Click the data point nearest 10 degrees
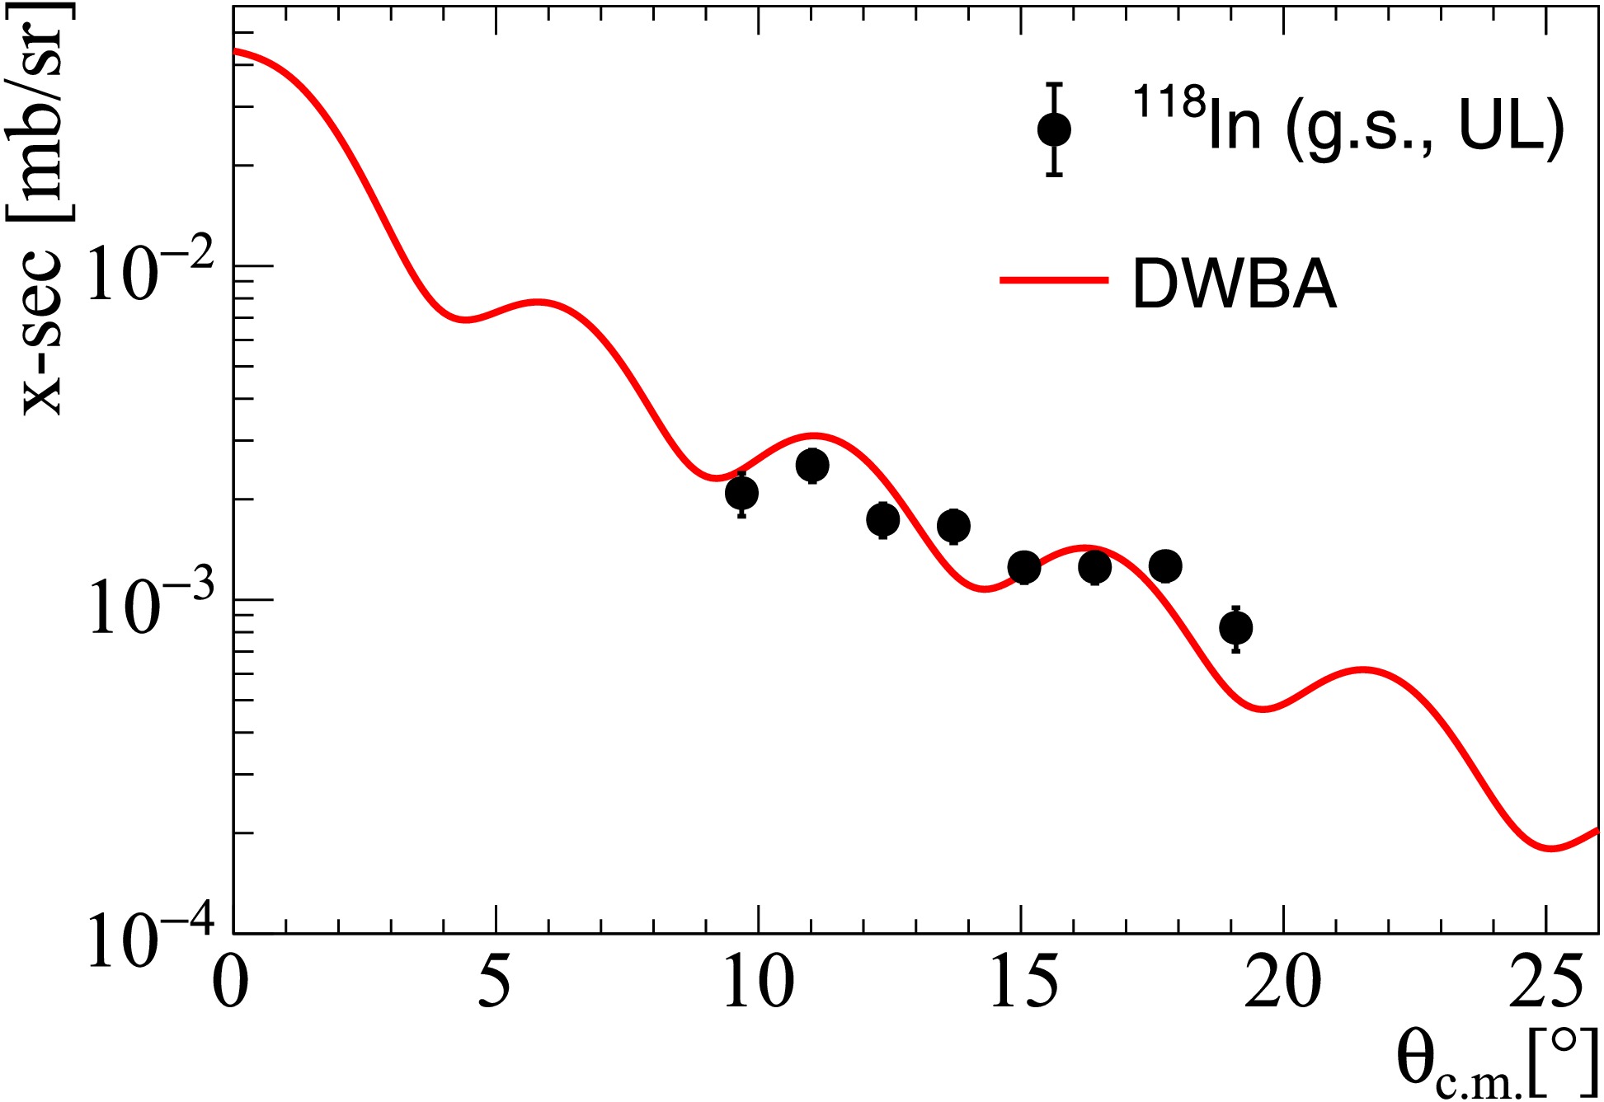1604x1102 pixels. click(742, 494)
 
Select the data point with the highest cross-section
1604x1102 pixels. click(812, 466)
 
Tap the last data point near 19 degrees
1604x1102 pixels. click(1235, 628)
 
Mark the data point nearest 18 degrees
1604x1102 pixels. click(1165, 566)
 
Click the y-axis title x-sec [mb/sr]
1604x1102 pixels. click(41, 209)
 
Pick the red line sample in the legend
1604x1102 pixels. click(1054, 280)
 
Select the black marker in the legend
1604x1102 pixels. click(1054, 129)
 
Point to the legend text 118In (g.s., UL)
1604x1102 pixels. click(1348, 122)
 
